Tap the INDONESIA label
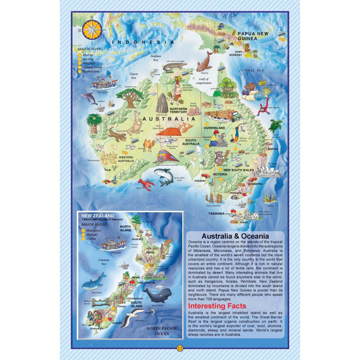143,42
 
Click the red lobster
146,184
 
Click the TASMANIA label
217,213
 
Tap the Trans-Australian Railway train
168,157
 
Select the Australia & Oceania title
235,236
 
